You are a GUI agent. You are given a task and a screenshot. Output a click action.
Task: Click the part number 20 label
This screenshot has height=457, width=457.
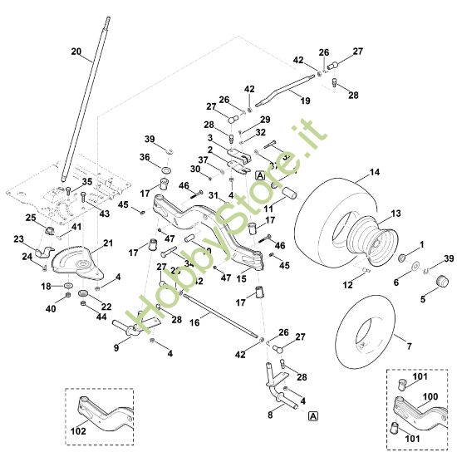point(76,52)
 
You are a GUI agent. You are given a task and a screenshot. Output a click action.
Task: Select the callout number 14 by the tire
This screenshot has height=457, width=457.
point(375,172)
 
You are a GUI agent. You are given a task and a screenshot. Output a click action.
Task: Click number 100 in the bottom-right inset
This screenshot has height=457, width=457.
point(430,397)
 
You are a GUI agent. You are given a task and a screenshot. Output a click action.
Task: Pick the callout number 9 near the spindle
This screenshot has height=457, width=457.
point(116,348)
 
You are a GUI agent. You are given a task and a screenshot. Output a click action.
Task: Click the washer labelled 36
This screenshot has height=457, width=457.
point(165,170)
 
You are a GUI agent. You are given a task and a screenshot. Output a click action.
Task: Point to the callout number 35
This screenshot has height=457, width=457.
point(87,181)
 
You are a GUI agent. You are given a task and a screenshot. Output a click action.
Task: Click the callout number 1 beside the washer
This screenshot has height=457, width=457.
point(421,244)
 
